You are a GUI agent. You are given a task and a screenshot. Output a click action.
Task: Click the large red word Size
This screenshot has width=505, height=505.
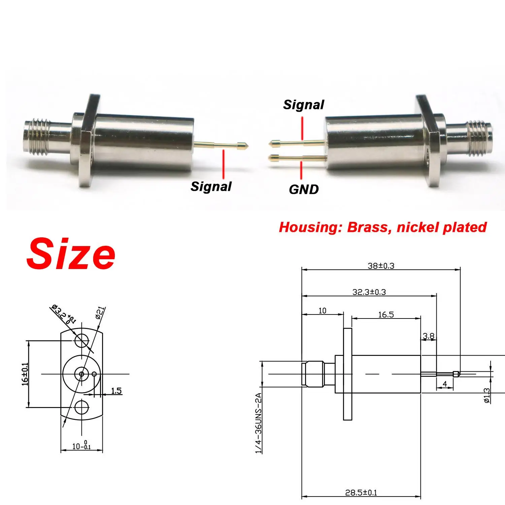point(71,254)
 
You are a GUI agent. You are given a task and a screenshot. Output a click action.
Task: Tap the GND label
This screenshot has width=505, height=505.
point(304,189)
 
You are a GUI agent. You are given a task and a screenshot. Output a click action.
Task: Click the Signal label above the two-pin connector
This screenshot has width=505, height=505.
point(303,105)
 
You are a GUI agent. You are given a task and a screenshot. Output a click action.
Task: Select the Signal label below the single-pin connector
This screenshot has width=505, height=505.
point(211,187)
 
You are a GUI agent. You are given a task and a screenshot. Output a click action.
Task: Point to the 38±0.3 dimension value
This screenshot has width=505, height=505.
point(381,266)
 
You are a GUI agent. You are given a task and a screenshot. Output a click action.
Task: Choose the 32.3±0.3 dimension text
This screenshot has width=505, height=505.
point(369,292)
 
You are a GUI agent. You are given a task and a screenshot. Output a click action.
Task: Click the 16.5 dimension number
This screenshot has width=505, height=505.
point(386,314)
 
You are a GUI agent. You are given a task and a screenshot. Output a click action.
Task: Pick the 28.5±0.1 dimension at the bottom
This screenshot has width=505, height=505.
point(361,493)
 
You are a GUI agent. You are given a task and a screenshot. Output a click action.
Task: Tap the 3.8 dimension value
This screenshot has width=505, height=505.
point(429,336)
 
